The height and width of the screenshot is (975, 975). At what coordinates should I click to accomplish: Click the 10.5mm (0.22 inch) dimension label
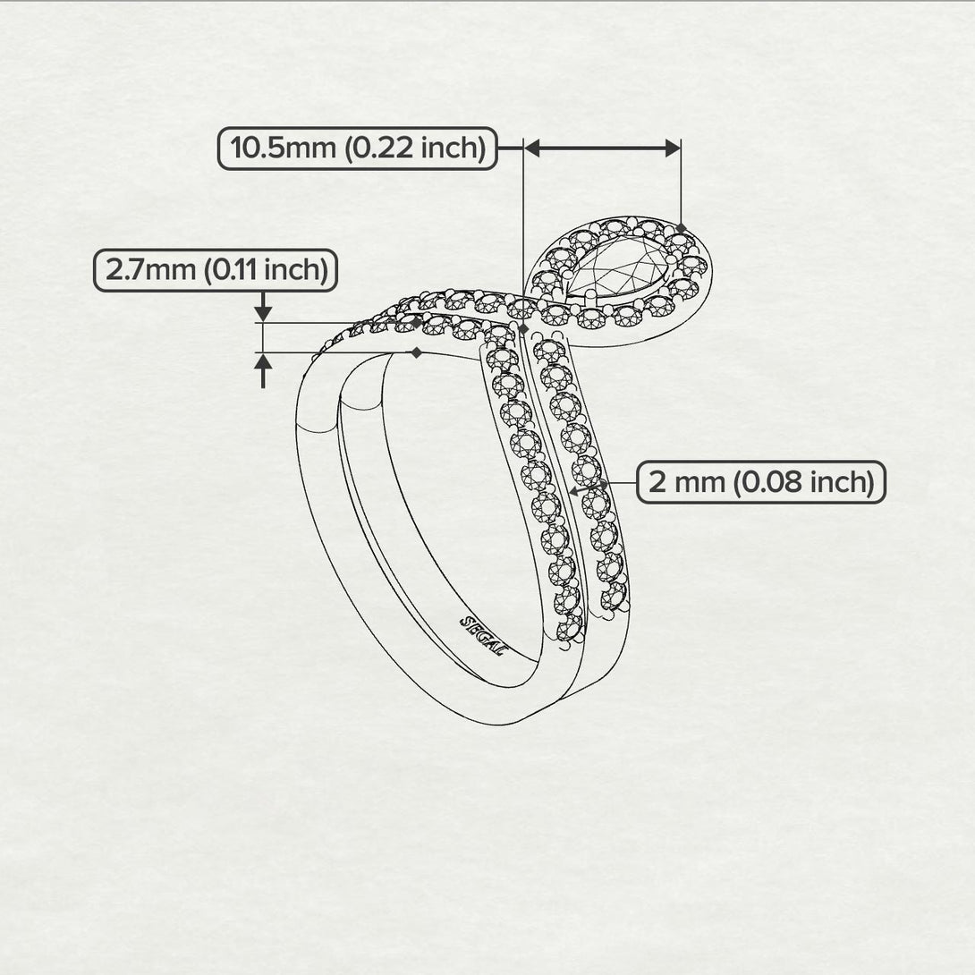coord(358,148)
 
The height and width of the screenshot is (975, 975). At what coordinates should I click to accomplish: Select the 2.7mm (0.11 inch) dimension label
coord(216,270)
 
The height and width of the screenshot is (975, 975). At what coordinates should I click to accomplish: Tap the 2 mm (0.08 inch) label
coord(761,482)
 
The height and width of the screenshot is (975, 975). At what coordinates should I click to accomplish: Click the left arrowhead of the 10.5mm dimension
coord(532,148)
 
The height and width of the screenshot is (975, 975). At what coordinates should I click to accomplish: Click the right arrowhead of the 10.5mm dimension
coord(672,148)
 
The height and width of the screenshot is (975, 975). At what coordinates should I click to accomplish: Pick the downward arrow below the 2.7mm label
coord(264,306)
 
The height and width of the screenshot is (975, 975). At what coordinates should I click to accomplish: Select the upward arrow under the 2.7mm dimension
coord(264,370)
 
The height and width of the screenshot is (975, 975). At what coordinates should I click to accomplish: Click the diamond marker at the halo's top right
coord(681,229)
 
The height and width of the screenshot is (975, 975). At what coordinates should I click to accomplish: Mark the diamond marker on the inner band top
coord(417,352)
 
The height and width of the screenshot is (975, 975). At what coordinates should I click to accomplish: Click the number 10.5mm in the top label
coord(283,148)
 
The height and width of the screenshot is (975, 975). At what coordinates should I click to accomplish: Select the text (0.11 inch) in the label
coord(267,270)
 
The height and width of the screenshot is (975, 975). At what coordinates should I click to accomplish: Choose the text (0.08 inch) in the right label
coord(804,482)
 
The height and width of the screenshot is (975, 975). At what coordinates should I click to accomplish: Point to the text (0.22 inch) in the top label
coord(415,148)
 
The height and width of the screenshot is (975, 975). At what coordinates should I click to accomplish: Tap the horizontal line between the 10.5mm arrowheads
coord(602,148)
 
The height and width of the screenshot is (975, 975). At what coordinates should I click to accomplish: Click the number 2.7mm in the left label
coord(150,270)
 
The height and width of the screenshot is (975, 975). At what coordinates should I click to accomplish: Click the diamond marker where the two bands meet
coord(523,327)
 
